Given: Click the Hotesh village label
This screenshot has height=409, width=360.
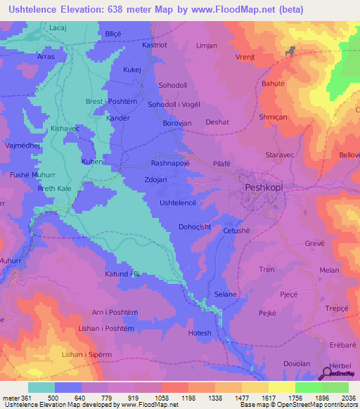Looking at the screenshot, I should pyautogui.click(x=200, y=332).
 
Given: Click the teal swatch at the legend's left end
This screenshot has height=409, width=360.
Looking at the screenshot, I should pyautogui.click(x=41, y=387).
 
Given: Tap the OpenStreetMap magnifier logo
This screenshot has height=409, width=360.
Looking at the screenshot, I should pyautogui.click(x=327, y=373).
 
